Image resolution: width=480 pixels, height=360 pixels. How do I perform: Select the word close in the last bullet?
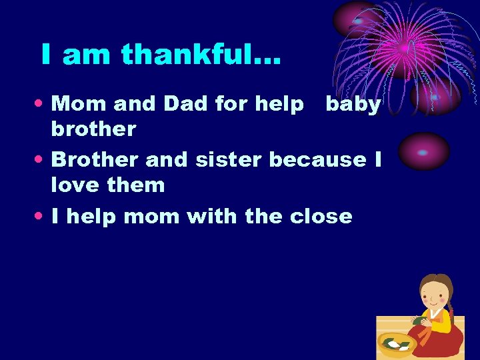pyautogui.click(x=321, y=216)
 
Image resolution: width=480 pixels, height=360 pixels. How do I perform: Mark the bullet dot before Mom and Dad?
pyautogui.click(x=43, y=104)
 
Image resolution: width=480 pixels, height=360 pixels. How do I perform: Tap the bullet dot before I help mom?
pyautogui.click(x=43, y=217)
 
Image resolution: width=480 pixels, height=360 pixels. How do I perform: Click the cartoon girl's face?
pyautogui.click(x=434, y=293)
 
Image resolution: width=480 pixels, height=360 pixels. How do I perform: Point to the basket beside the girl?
pyautogui.click(x=397, y=343)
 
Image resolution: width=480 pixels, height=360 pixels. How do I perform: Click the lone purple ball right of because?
pyautogui.click(x=423, y=151)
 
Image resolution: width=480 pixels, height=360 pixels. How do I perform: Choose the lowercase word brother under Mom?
pyautogui.click(x=93, y=128)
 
